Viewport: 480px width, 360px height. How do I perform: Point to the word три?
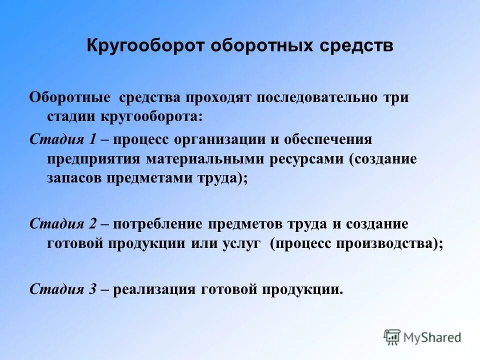tap(396, 97)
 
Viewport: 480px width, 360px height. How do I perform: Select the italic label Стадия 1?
tap(63, 139)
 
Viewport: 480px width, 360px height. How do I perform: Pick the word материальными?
tap(206, 159)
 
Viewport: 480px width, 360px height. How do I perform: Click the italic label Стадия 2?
tap(63, 223)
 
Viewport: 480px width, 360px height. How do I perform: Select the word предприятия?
tap(94, 159)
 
